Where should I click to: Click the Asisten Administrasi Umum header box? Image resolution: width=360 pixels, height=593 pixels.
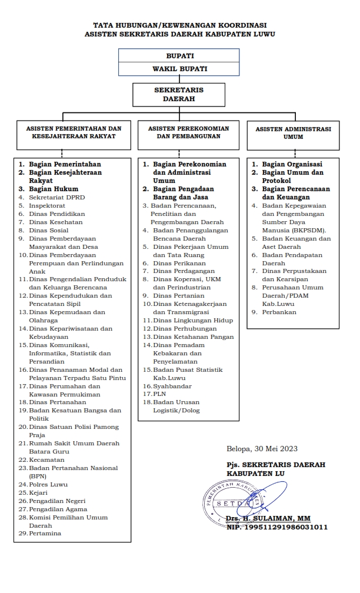(293, 133)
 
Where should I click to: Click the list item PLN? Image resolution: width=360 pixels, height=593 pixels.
(159, 394)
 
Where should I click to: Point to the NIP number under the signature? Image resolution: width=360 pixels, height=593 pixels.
(277, 527)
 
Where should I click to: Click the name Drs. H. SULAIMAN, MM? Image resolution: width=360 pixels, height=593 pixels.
(268, 518)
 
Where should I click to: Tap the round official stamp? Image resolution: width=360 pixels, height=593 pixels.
(230, 503)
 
